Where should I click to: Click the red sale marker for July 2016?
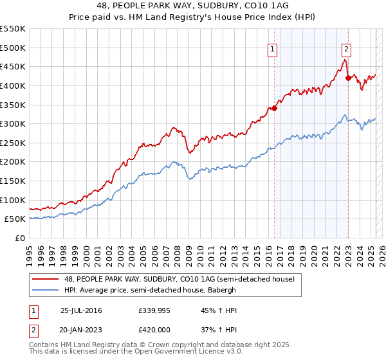[274, 108]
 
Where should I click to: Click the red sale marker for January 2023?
[348, 78]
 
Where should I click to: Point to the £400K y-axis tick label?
[13, 85]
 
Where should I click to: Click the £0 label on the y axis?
[21, 239]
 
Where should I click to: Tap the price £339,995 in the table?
[153, 310]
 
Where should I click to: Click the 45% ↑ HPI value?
[210, 310]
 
